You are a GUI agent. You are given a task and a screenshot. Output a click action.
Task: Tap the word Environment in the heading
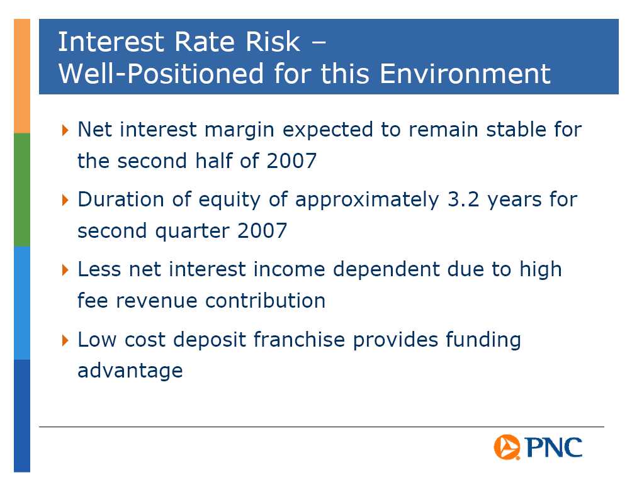tap(465, 74)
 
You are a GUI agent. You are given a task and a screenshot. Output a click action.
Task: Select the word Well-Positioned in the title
tap(161, 74)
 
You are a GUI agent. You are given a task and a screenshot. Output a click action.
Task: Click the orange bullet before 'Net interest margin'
tap(65, 130)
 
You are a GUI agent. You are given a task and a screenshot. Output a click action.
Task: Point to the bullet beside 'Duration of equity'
tap(65, 200)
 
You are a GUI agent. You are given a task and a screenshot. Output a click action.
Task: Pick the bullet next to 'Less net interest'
tap(65, 269)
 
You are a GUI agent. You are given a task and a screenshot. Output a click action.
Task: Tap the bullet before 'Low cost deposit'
tap(65, 340)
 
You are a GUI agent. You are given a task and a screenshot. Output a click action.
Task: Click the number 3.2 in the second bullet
tap(463, 199)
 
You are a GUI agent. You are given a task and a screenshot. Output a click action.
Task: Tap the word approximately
tap(367, 201)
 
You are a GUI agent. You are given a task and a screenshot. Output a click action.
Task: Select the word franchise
tap(299, 339)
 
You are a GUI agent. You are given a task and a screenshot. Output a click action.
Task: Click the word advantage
tap(130, 371)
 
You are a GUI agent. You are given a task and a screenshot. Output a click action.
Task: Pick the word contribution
tap(265, 301)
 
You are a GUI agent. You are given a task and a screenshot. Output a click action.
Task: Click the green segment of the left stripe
tap(22, 190)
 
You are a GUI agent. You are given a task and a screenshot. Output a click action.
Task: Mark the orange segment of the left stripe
tap(22, 76)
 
